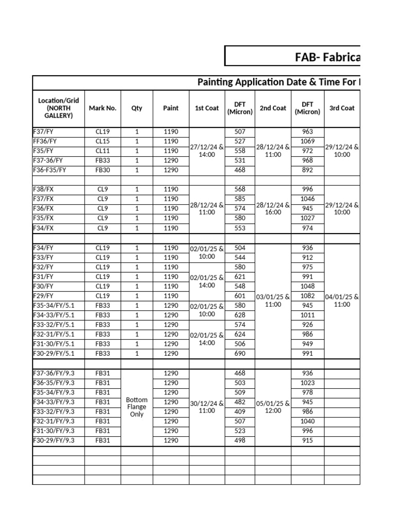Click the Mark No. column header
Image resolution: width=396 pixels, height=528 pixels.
pos(103,108)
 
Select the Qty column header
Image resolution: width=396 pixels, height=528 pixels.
pos(137,108)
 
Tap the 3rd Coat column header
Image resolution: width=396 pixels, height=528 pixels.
pos(342,108)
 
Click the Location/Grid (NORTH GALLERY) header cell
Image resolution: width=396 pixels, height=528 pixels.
pos(58,108)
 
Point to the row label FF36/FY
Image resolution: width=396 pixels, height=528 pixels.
pos(45,141)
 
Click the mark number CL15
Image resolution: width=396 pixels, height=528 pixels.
pos(103,141)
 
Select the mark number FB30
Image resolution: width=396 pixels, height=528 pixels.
pos(103,170)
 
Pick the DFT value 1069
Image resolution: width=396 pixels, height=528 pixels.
pos(307,141)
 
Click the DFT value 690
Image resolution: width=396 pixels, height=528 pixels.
pos(240,353)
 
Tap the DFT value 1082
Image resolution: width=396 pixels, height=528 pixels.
pos(307,296)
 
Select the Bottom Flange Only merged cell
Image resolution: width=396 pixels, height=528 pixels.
pos(137,407)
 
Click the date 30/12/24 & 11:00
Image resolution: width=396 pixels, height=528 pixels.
pos(207,407)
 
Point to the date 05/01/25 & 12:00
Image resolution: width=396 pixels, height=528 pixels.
pos(273,407)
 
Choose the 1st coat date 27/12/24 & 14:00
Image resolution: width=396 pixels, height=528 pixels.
pos(207,151)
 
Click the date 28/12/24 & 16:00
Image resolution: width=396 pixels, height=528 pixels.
pos(273,208)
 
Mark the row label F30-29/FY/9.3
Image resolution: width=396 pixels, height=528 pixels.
pos(54,440)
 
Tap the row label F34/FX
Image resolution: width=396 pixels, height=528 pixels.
pos(43,228)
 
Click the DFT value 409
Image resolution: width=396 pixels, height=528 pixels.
pos(240,411)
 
